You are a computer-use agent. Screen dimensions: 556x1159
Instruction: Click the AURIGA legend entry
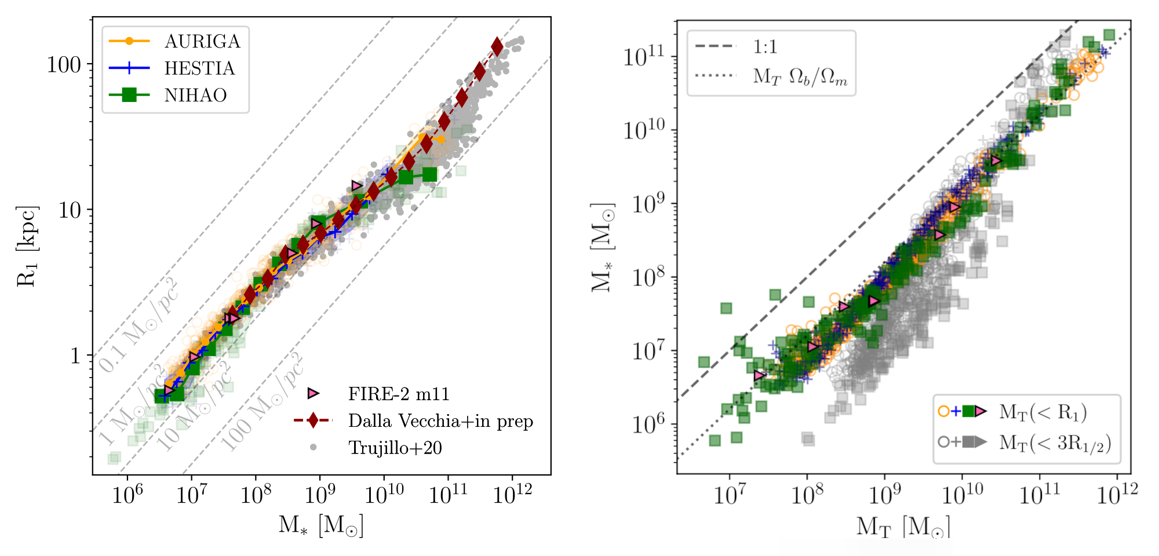pyautogui.click(x=202, y=42)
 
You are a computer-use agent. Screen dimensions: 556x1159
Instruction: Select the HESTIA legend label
pyautogui.click(x=199, y=68)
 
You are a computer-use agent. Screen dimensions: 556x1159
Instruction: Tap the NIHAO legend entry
pyautogui.click(x=195, y=95)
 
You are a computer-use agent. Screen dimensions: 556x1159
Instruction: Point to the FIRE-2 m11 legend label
pyautogui.click(x=399, y=394)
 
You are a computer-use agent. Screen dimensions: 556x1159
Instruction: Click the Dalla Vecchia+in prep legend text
pyautogui.click(x=440, y=421)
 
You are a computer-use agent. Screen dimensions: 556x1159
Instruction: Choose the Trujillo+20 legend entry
pyautogui.click(x=395, y=448)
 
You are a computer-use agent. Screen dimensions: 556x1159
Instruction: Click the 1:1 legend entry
pyautogui.click(x=765, y=47)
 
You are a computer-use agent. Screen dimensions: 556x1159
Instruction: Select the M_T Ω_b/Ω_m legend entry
pyautogui.click(x=800, y=76)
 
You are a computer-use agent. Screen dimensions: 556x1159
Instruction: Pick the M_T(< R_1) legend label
pyautogui.click(x=1043, y=412)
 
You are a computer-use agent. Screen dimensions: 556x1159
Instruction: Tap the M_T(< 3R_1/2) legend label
pyautogui.click(x=1055, y=442)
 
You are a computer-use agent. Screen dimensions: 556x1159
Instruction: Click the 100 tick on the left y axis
pyautogui.click(x=64, y=65)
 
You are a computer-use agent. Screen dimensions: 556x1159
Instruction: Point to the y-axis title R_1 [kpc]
pyautogui.click(x=27, y=246)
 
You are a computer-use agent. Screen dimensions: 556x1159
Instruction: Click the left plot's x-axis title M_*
pyautogui.click(x=320, y=525)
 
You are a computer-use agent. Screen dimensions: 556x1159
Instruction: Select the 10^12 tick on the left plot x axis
pyautogui.click(x=512, y=495)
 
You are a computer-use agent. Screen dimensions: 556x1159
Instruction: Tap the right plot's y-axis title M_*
pyautogui.click(x=603, y=247)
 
